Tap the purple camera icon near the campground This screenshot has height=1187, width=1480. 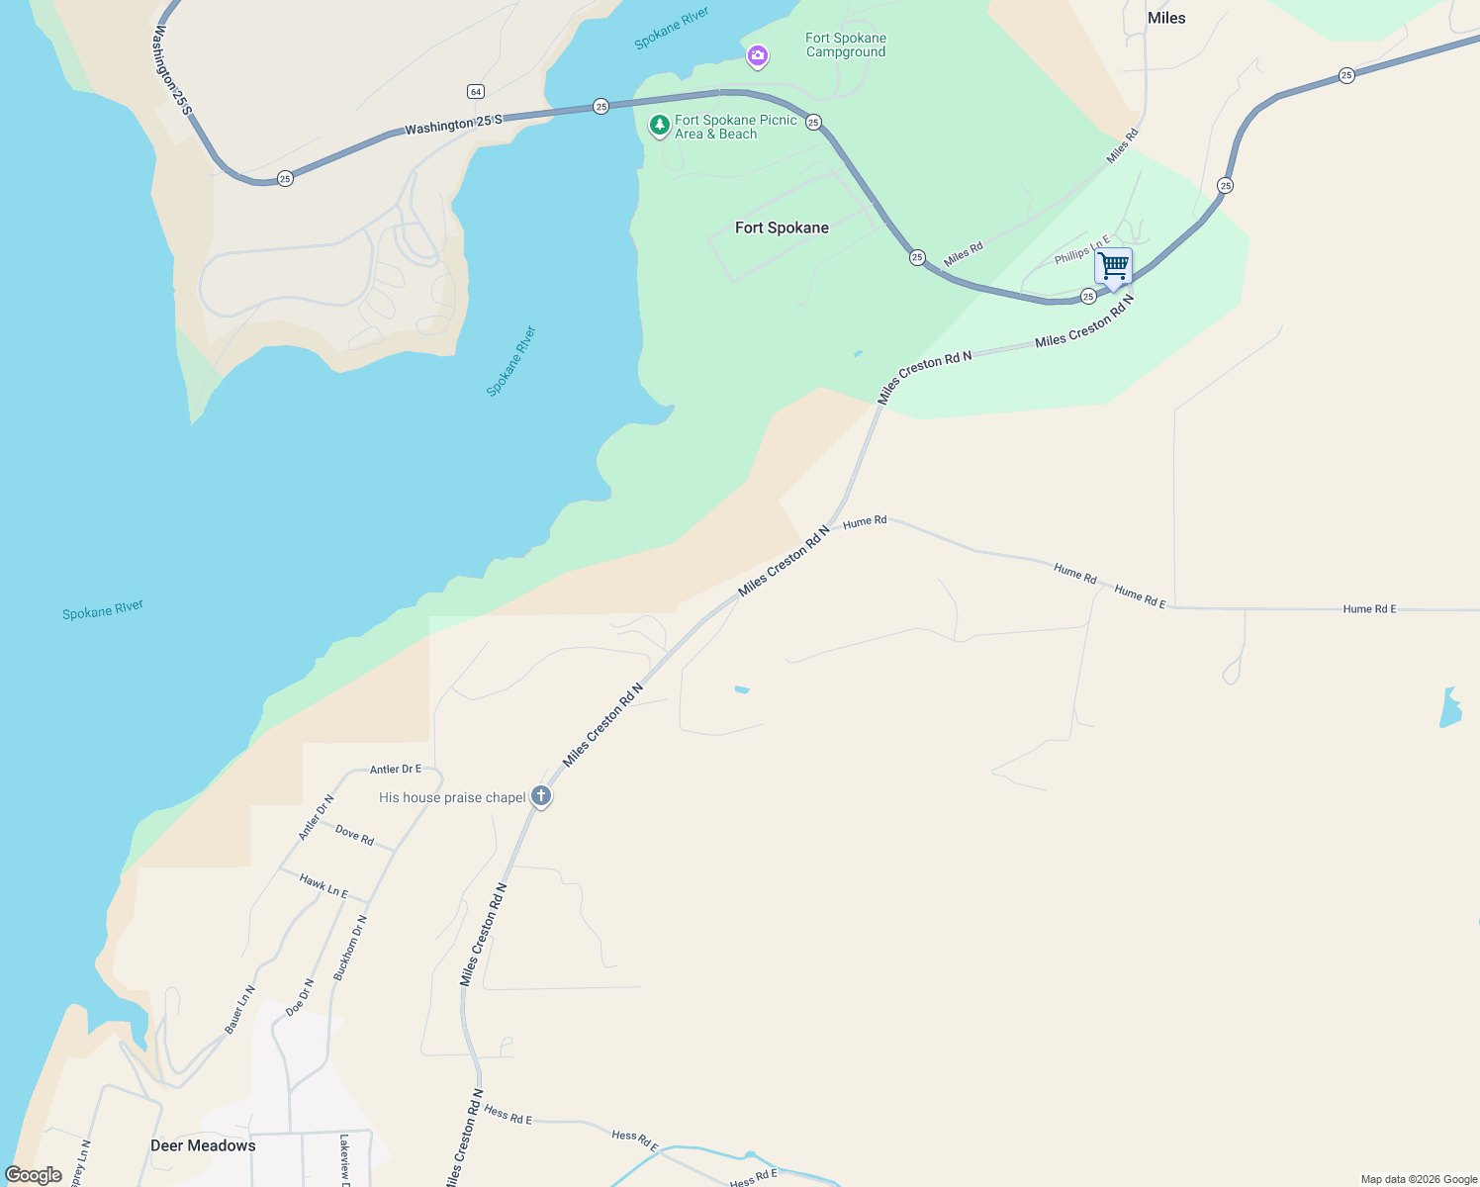coord(758,56)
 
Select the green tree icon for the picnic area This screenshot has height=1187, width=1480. coord(659,126)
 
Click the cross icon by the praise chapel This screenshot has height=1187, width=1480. coord(541,795)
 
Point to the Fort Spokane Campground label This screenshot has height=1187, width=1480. coord(846,46)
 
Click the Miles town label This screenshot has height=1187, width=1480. coord(1166,18)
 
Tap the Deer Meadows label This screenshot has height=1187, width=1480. coord(203,1145)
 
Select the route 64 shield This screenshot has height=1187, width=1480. coord(476,92)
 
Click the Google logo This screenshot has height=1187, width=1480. coord(34,1175)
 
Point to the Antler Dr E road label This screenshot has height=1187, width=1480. coord(396,769)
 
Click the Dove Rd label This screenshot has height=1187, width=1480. coord(354,835)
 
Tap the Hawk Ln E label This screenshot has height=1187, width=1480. coord(324,886)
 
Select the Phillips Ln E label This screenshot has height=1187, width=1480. coord(1082,250)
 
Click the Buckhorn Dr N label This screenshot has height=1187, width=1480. coord(350,948)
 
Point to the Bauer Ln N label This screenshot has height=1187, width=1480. coord(239,1010)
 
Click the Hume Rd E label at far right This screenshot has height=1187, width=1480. coord(1369,609)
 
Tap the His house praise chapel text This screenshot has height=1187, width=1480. coord(452,797)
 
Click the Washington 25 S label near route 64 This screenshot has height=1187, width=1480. coord(453,125)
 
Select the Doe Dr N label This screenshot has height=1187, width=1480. coord(300,997)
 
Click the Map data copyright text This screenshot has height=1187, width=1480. coord(1419,1179)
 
